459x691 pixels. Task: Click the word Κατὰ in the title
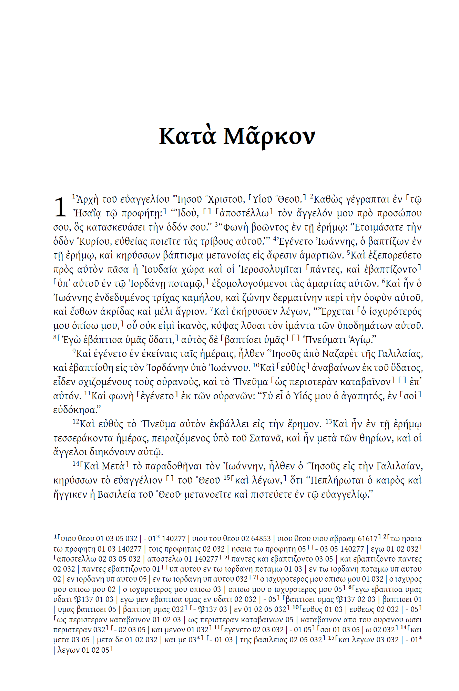coord(187,136)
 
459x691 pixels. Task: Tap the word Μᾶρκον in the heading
coord(269,136)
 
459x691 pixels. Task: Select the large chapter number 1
coord(60,207)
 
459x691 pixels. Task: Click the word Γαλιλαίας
coord(400,354)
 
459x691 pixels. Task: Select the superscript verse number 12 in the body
coord(76,422)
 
